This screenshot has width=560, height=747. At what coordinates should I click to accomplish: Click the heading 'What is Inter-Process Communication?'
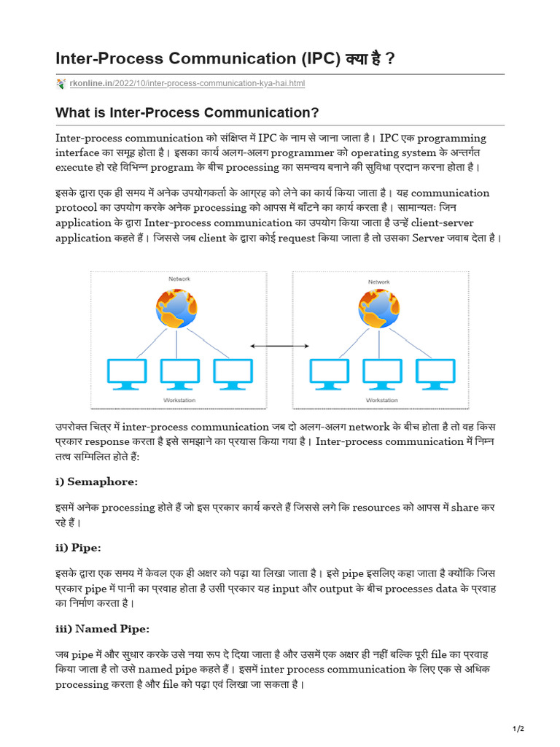[187, 113]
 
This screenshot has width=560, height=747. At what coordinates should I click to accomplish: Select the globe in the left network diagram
[176, 308]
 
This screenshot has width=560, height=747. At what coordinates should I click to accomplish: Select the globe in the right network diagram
[379, 308]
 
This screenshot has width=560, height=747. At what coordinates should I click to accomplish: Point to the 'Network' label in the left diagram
[179, 279]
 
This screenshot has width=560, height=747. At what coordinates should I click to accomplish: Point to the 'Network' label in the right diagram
[379, 282]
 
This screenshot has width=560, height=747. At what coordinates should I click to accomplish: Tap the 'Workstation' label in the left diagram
[179, 400]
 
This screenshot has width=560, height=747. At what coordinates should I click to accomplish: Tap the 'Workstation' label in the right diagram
[381, 400]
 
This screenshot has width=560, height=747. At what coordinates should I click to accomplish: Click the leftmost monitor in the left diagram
[126, 373]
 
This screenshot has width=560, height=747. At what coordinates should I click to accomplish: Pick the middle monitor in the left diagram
[179, 373]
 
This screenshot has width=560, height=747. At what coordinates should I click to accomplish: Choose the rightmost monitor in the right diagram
[435, 373]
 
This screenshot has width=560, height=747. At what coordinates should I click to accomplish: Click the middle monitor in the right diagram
[382, 373]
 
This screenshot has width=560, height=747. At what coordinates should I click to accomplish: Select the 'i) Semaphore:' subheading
[96, 481]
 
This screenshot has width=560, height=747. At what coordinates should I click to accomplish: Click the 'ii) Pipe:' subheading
[78, 547]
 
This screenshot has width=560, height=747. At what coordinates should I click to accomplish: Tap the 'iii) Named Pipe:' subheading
[103, 628]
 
